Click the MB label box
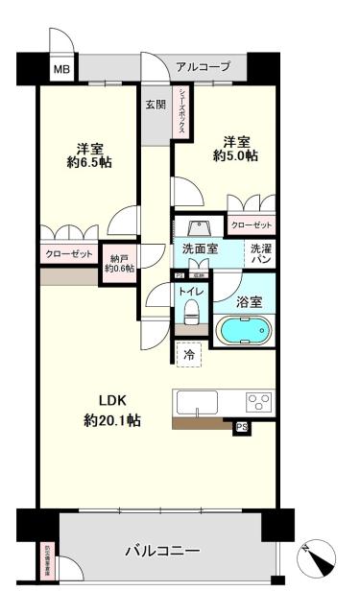point(61,69)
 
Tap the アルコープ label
point(203,67)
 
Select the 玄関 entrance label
point(156,105)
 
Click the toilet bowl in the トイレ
point(191,313)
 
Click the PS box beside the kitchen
point(242,427)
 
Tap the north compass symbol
point(317,556)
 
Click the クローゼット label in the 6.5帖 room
point(68,254)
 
